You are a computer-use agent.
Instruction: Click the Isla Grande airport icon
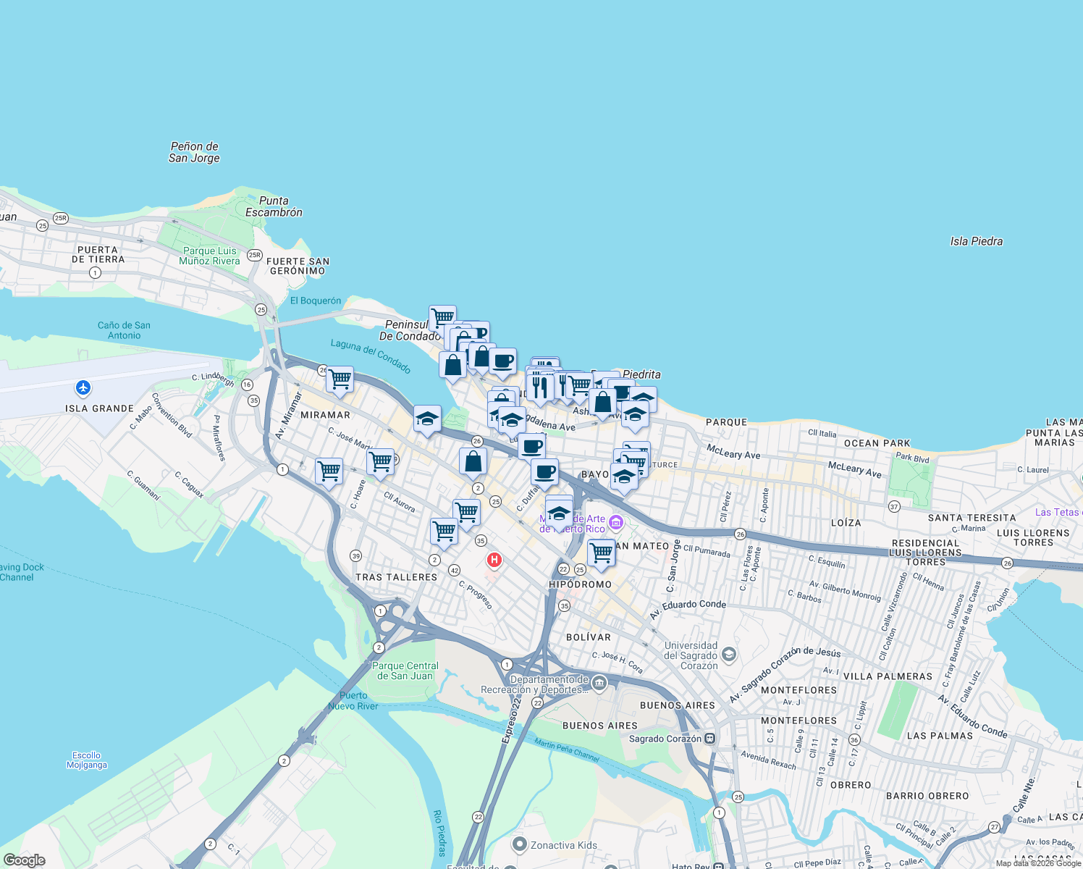(x=83, y=388)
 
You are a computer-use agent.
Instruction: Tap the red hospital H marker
(x=494, y=560)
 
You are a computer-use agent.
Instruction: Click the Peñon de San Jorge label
(x=194, y=152)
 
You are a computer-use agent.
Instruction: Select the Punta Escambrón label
(x=274, y=206)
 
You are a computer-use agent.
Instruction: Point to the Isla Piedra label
(x=976, y=241)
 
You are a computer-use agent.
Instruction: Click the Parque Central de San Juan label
(x=405, y=671)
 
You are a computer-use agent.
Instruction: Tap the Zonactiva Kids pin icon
(x=519, y=844)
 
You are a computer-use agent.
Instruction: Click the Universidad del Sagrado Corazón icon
(x=729, y=655)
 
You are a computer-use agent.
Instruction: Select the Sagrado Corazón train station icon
(x=710, y=739)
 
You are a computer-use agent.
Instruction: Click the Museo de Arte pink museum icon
(x=615, y=522)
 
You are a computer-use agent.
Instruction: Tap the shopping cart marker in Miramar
(x=340, y=379)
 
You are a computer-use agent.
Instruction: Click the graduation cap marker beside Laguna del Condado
(x=427, y=419)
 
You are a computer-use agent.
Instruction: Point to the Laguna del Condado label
(x=371, y=356)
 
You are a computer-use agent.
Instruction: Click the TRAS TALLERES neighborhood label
(x=396, y=577)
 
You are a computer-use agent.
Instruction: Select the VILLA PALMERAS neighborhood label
(x=888, y=676)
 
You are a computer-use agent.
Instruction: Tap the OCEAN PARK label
(x=877, y=443)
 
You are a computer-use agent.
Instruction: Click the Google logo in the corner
(x=24, y=860)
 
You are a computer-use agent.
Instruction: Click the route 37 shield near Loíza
(x=894, y=507)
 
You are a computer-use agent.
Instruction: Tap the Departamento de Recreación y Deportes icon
(x=599, y=683)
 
